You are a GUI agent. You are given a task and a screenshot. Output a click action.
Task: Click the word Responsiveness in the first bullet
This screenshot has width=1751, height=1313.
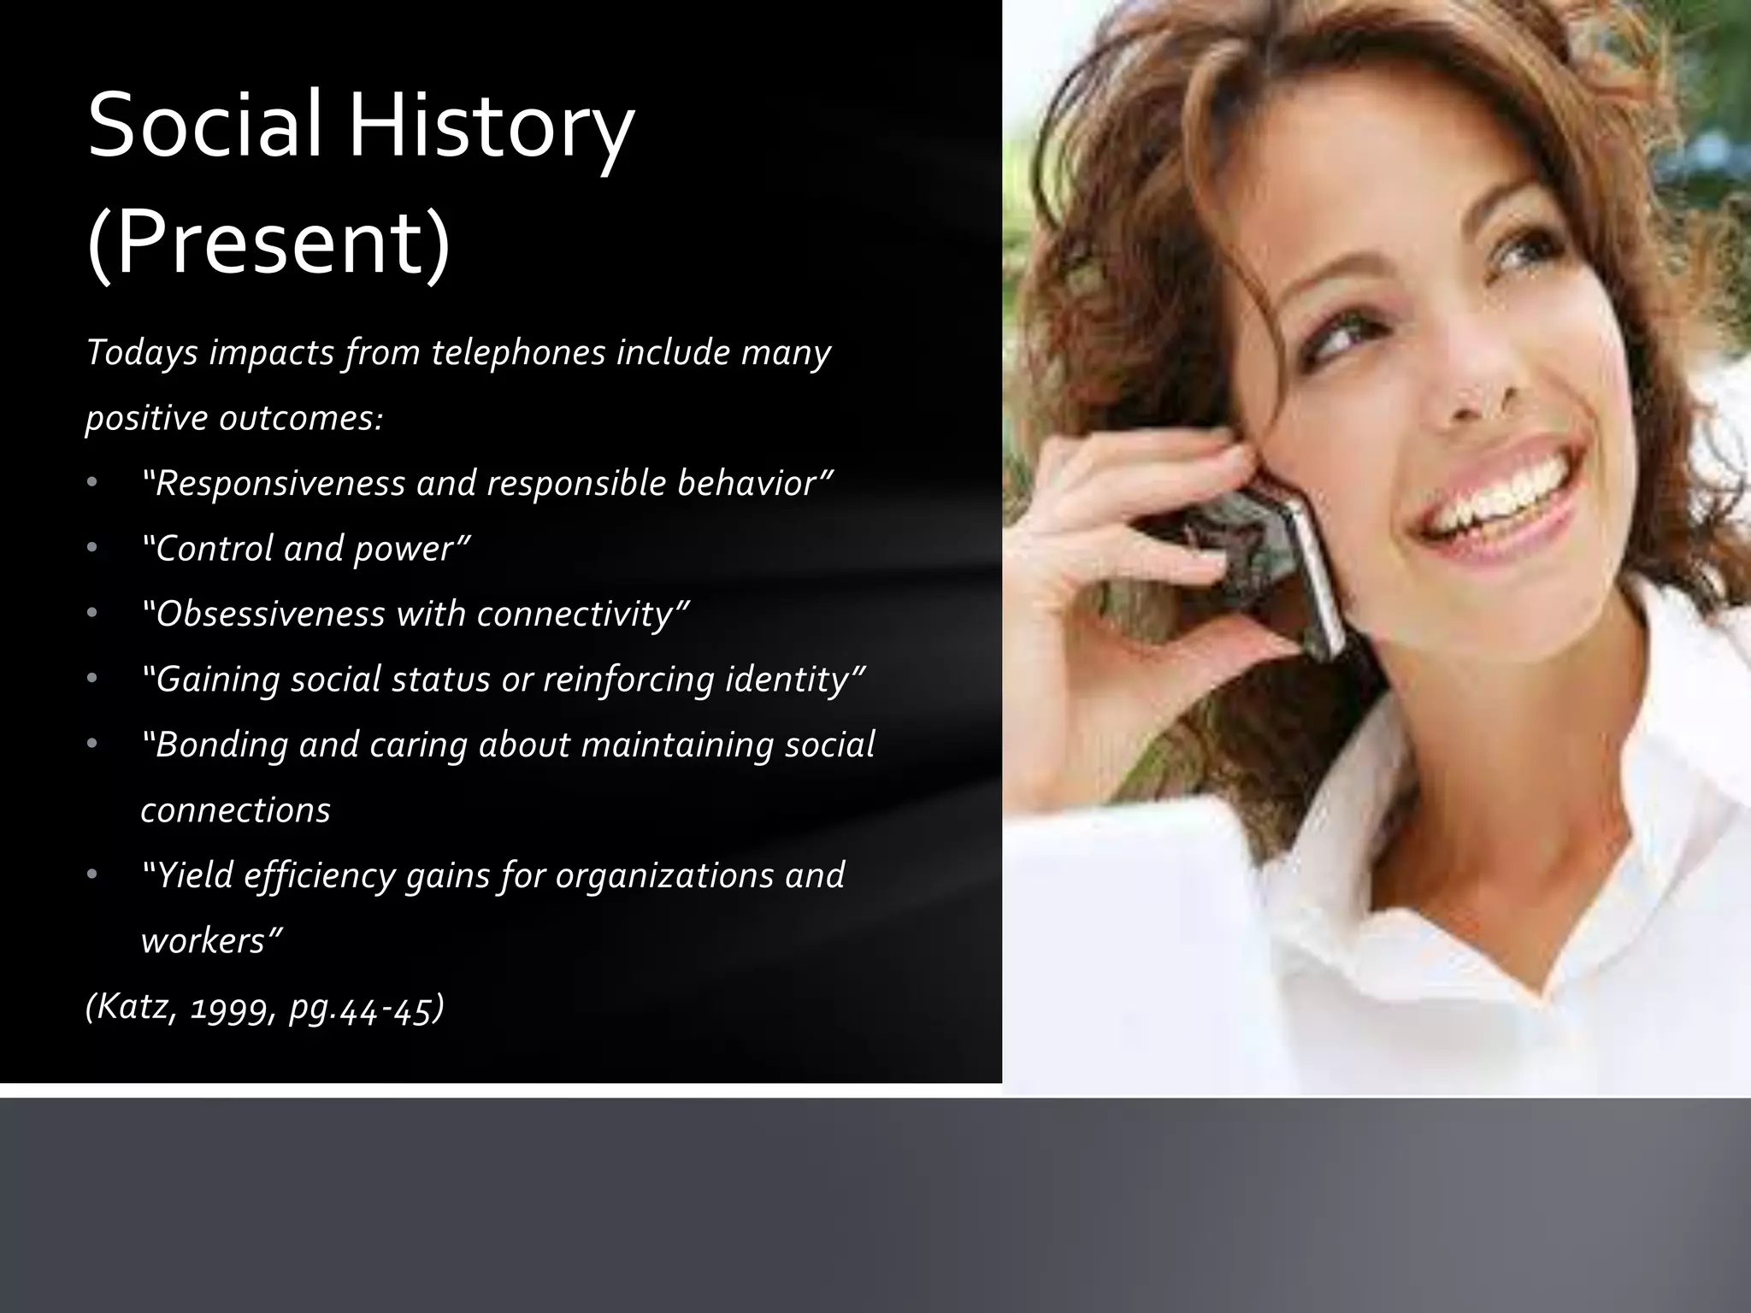tap(278, 484)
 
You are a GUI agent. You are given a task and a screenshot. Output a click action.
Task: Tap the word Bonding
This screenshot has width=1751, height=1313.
tap(219, 745)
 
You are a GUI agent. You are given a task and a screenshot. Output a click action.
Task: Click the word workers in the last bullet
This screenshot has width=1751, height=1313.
tap(210, 941)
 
